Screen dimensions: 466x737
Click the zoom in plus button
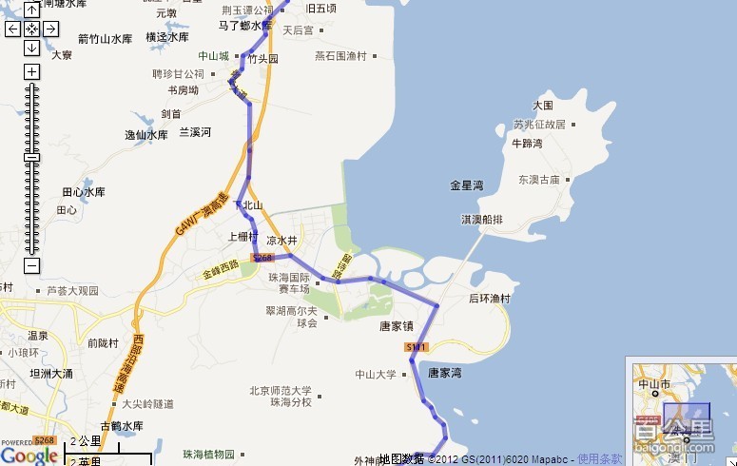(31, 71)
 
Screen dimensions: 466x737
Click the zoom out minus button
(31, 266)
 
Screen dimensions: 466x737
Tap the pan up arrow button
(31, 10)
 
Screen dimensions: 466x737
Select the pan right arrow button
(49, 29)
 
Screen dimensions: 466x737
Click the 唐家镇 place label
(396, 325)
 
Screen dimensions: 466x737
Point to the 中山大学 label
(375, 374)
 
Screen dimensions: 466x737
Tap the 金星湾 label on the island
(467, 184)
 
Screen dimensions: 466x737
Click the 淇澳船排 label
(481, 219)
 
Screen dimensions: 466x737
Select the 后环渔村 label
(489, 299)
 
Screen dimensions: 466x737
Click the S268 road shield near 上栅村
(262, 258)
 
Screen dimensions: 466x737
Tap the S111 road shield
(417, 348)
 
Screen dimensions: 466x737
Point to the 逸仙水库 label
(145, 135)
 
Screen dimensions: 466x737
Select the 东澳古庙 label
(539, 179)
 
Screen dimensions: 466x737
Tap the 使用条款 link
(599, 459)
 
